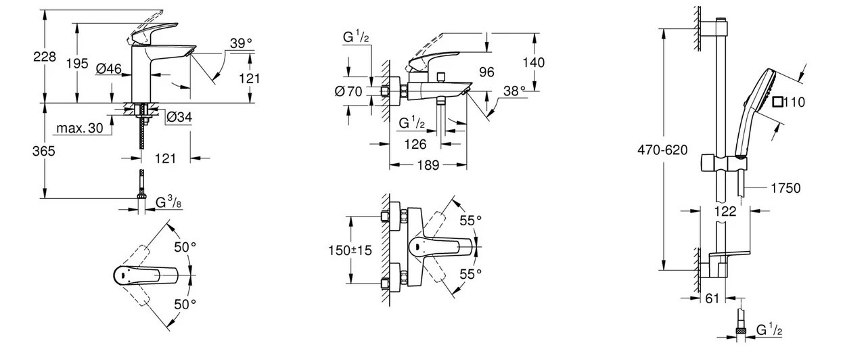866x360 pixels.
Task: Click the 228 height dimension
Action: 44,59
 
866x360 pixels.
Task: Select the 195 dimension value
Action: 78,63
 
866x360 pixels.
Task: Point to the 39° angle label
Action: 240,43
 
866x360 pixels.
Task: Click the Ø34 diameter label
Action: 179,118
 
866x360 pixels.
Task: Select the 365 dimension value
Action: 44,152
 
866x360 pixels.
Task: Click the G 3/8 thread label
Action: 169,202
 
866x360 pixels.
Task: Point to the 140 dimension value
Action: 533,62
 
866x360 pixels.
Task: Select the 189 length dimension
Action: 428,164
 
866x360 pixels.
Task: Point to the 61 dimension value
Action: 712,298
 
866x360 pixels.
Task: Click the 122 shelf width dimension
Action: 725,211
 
